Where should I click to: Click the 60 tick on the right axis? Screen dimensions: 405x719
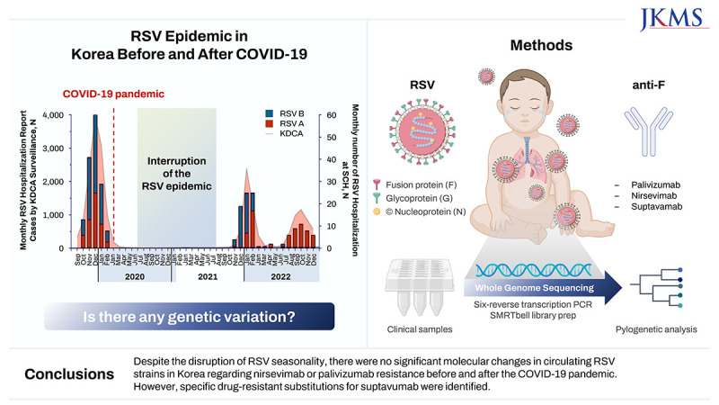(333, 115)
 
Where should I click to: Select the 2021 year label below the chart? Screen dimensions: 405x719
(207, 277)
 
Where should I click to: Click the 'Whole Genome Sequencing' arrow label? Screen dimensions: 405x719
(537, 288)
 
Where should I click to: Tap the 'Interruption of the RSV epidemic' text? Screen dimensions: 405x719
(176, 175)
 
